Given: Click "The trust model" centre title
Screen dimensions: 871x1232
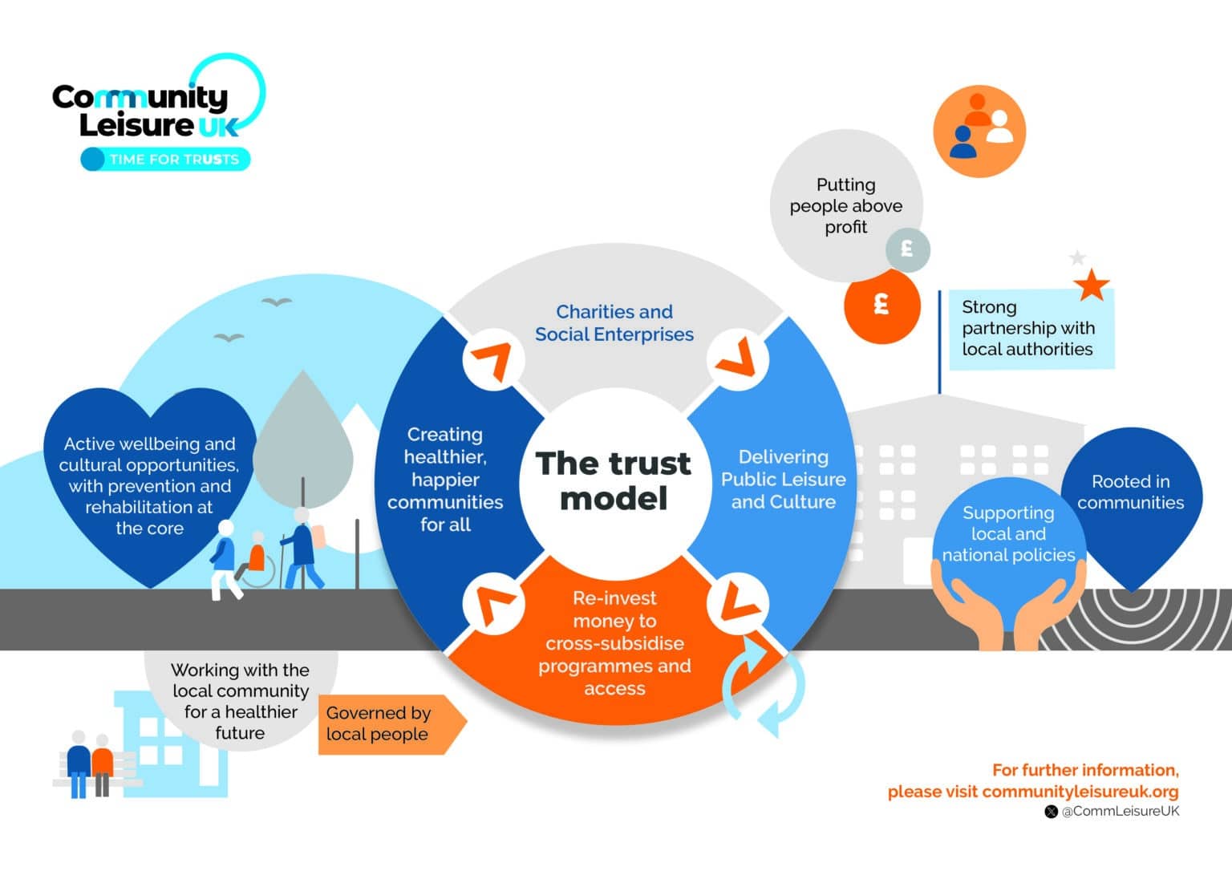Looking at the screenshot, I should pyautogui.click(x=614, y=480).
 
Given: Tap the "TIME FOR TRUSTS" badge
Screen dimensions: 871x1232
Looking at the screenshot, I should pyautogui.click(x=166, y=159).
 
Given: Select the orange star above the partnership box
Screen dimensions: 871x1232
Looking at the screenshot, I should pyautogui.click(x=1092, y=285).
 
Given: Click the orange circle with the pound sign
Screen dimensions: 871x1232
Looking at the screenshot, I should pyautogui.click(x=881, y=306).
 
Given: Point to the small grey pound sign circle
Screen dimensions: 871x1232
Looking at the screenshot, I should pyautogui.click(x=907, y=249).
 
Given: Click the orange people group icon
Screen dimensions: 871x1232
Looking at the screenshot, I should pyautogui.click(x=979, y=130).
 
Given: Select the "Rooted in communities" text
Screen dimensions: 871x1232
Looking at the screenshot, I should pyautogui.click(x=1130, y=492).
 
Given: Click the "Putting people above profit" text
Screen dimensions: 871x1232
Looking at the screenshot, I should pyautogui.click(x=845, y=206).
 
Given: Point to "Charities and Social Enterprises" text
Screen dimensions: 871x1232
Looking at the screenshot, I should pyautogui.click(x=614, y=323).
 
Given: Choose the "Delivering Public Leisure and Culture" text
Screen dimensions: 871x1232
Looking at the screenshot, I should pyautogui.click(x=783, y=479).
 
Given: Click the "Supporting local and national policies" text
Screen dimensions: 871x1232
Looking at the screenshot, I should pyautogui.click(x=1008, y=533).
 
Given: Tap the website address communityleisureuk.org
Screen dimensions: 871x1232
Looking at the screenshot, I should pyautogui.click(x=1080, y=792).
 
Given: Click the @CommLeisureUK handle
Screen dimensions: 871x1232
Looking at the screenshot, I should pyautogui.click(x=1120, y=811).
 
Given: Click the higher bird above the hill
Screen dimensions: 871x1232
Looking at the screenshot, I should pyautogui.click(x=277, y=302).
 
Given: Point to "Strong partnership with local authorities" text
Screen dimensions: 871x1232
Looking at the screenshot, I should pyautogui.click(x=1027, y=328).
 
